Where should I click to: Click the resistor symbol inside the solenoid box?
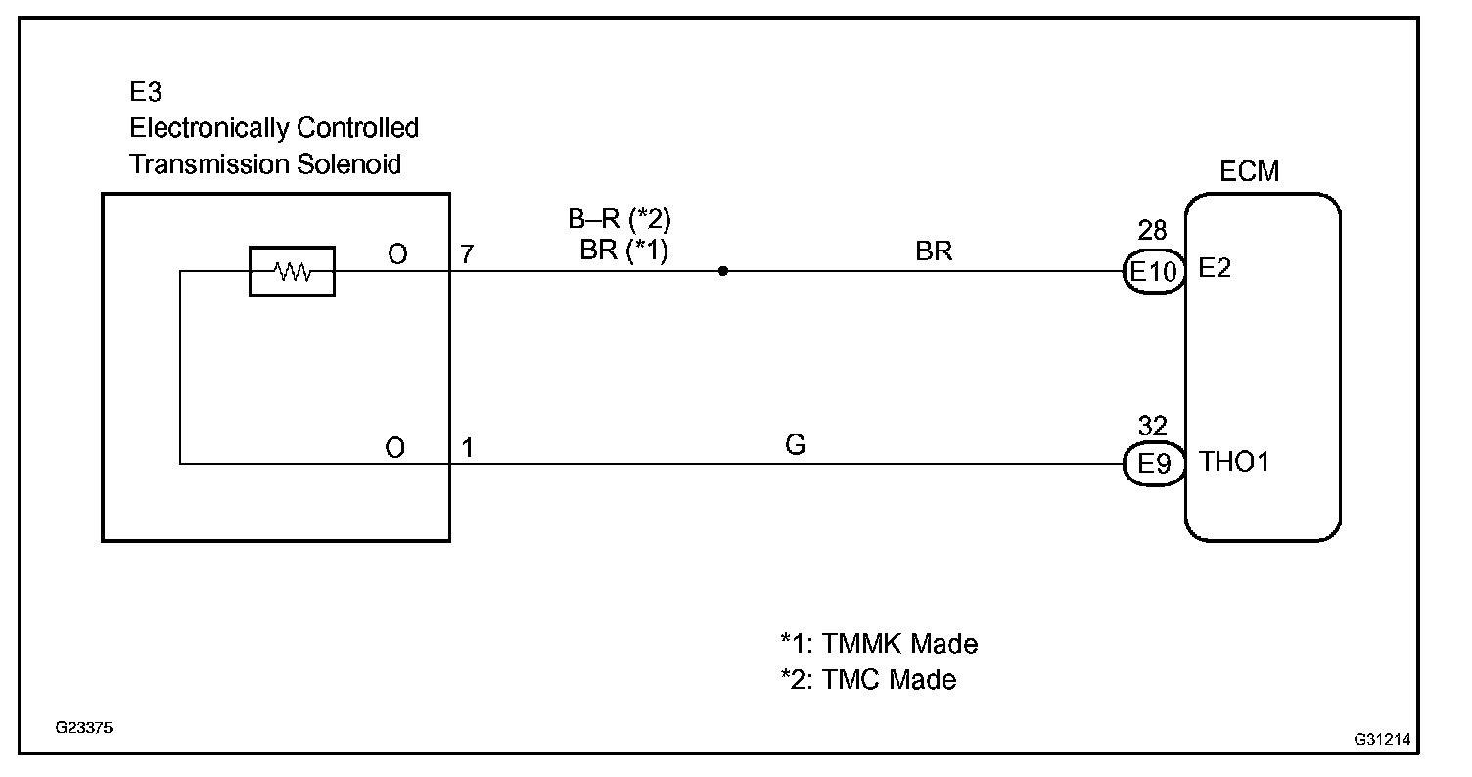292,271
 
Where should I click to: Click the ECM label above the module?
1249,171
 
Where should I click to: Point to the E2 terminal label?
1214,268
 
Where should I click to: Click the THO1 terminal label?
1234,462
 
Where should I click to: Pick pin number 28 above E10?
1152,232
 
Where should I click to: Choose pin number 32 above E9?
1152,427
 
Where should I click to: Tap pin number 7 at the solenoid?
468,254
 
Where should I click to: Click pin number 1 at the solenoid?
468,448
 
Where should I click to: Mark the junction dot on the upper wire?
722,271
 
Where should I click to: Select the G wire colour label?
795,446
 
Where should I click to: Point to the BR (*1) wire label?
623,251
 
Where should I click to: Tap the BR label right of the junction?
934,251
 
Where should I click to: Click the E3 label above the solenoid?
146,92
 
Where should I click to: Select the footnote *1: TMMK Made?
878,644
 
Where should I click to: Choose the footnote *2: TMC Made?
867,679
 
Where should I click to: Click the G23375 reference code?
83,729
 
